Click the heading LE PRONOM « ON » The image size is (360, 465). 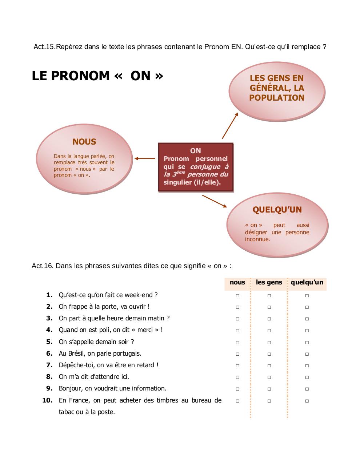[97, 76]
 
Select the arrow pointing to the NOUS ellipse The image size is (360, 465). [144, 158]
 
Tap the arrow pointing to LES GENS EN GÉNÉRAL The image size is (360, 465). [230, 125]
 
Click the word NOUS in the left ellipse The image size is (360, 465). [84, 142]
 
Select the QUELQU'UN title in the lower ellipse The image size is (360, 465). [277, 210]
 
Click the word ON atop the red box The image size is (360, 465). [195, 151]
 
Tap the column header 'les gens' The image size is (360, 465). [269, 282]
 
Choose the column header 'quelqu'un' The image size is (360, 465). [307, 282]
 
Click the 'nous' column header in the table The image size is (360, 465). [237, 282]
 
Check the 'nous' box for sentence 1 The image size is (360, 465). [237, 296]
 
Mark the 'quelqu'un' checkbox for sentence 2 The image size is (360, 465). [307, 307]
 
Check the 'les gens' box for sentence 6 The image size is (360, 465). [269, 354]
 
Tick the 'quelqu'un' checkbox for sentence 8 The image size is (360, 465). [307, 377]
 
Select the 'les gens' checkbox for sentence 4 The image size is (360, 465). [269, 331]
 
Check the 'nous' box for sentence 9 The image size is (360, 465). [237, 389]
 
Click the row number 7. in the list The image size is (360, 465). [49, 365]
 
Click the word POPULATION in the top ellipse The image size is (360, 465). [277, 98]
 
